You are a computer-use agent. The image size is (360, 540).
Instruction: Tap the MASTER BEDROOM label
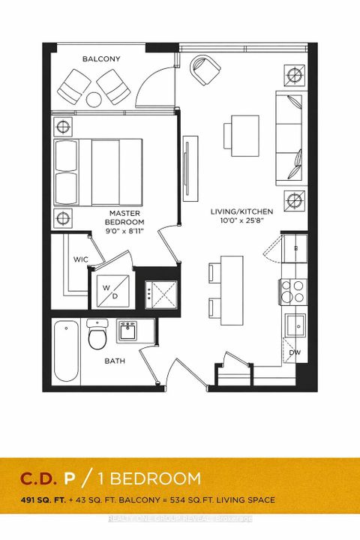pos(124,217)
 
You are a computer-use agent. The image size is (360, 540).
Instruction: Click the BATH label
pos(115,361)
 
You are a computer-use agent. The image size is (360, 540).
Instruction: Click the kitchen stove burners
pos(292,289)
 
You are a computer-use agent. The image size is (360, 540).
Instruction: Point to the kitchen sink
pos(295,325)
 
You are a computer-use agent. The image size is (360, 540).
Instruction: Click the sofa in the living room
pos(289,139)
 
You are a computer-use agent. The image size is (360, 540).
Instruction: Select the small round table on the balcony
pos(95,97)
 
